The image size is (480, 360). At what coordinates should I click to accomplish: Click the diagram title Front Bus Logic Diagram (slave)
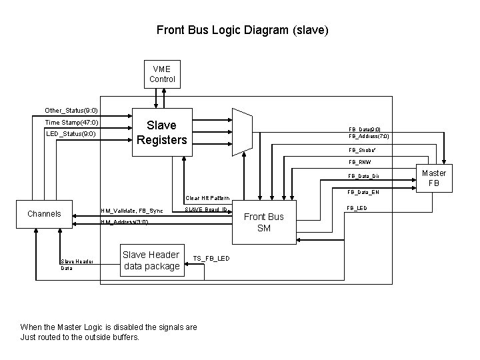[242, 30]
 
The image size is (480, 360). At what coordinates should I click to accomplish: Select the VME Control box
[162, 74]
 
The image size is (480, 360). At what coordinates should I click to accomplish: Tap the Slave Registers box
[162, 133]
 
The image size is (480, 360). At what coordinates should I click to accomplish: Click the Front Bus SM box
[263, 222]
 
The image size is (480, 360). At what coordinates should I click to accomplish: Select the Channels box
[44, 214]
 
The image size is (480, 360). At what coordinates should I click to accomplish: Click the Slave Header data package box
[151, 260]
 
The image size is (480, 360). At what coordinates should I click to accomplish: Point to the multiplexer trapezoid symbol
[241, 131]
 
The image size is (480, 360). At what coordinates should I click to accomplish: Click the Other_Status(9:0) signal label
[71, 110]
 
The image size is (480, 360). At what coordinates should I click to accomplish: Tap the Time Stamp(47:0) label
[71, 123]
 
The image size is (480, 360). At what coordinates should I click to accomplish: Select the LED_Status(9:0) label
[71, 134]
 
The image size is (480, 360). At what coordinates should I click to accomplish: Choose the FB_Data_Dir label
[364, 177]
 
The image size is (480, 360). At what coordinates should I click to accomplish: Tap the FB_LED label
[357, 208]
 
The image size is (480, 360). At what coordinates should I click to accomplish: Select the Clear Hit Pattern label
[207, 198]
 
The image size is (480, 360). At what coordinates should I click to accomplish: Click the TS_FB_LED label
[211, 258]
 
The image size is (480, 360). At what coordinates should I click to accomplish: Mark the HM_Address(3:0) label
[123, 222]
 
